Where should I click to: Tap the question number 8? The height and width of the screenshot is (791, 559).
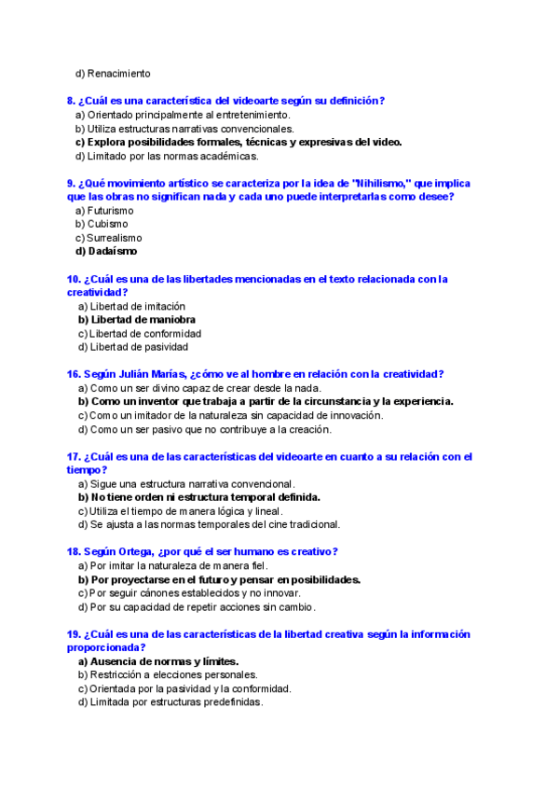pyautogui.click(x=70, y=101)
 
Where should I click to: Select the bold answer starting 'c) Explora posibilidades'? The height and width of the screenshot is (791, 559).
pyautogui.click(x=239, y=142)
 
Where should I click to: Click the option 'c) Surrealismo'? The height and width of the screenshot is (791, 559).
pyautogui.click(x=109, y=238)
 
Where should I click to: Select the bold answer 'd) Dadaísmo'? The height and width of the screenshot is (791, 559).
pyautogui.click(x=106, y=251)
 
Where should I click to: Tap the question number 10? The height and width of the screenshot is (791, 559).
pyautogui.click(x=74, y=279)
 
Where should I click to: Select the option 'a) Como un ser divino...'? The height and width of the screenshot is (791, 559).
pyautogui.click(x=199, y=388)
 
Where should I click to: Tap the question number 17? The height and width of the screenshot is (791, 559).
pyautogui.click(x=74, y=457)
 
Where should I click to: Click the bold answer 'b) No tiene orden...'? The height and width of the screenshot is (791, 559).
pyautogui.click(x=199, y=497)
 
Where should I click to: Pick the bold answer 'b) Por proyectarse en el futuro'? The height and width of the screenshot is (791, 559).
pyautogui.click(x=219, y=579)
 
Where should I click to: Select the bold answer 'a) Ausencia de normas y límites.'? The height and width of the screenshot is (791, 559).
pyautogui.click(x=158, y=661)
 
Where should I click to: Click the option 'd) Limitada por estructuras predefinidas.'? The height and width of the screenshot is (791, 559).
pyautogui.click(x=170, y=702)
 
